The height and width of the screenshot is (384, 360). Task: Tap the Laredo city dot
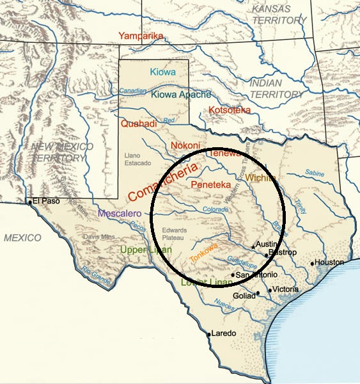click(209, 334)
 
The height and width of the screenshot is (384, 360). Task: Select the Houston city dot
click(313, 263)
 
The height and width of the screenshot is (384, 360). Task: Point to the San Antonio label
click(257, 275)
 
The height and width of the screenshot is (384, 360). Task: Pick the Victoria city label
click(286, 289)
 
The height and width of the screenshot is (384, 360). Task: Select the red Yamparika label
click(141, 36)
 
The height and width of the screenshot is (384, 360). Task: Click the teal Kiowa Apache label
click(181, 95)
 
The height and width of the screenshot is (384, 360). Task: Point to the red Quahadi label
click(139, 124)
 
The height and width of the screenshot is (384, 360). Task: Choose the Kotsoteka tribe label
click(230, 111)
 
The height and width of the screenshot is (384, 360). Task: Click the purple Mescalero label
click(120, 213)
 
